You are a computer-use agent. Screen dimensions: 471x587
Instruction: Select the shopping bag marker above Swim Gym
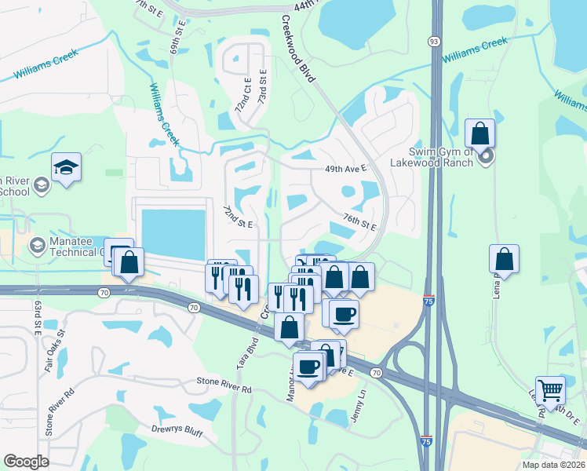pyautogui.click(x=479, y=133)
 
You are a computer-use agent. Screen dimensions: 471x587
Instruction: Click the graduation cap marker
pyautogui.click(x=66, y=167)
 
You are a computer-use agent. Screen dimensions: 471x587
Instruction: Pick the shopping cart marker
pyautogui.click(x=550, y=389)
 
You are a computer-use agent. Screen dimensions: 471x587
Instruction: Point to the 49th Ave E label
pyautogui.click(x=346, y=168)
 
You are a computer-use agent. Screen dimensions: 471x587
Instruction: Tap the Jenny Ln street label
pyautogui.click(x=359, y=407)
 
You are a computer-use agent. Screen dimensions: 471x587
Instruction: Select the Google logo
pyautogui.click(x=26, y=462)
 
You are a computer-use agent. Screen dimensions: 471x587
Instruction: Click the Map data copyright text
pyautogui.click(x=552, y=465)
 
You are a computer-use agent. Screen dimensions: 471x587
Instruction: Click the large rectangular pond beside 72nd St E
pyautogui.click(x=173, y=232)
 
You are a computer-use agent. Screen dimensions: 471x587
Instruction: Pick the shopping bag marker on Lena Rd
pyautogui.click(x=504, y=259)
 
